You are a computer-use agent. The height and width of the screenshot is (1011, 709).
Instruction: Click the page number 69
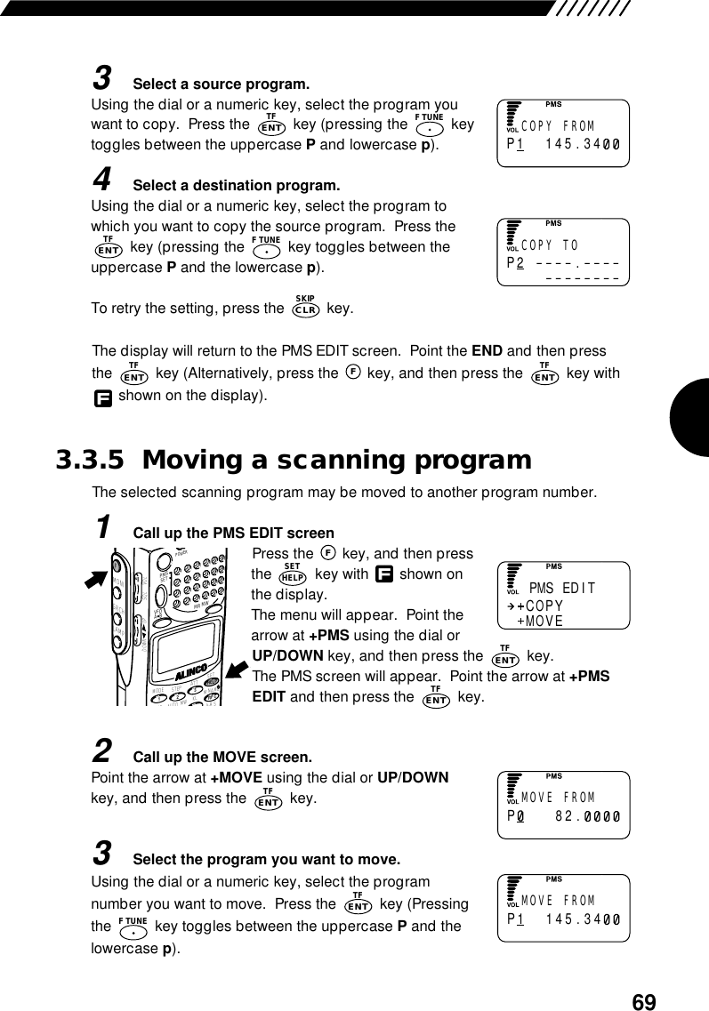[643, 1002]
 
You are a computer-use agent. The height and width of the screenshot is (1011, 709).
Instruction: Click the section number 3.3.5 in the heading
[91, 461]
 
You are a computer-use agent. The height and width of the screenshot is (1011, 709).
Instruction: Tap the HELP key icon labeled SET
[293, 574]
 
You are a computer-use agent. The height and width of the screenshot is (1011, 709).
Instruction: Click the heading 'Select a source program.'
[221, 84]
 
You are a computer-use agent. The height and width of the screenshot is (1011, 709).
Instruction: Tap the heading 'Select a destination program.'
[236, 186]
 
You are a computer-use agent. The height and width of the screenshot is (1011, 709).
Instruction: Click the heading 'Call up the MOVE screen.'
[222, 758]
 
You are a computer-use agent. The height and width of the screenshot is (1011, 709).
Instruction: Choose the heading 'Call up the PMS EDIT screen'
[233, 534]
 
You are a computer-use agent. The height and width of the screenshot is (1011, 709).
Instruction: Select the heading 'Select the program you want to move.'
[266, 861]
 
